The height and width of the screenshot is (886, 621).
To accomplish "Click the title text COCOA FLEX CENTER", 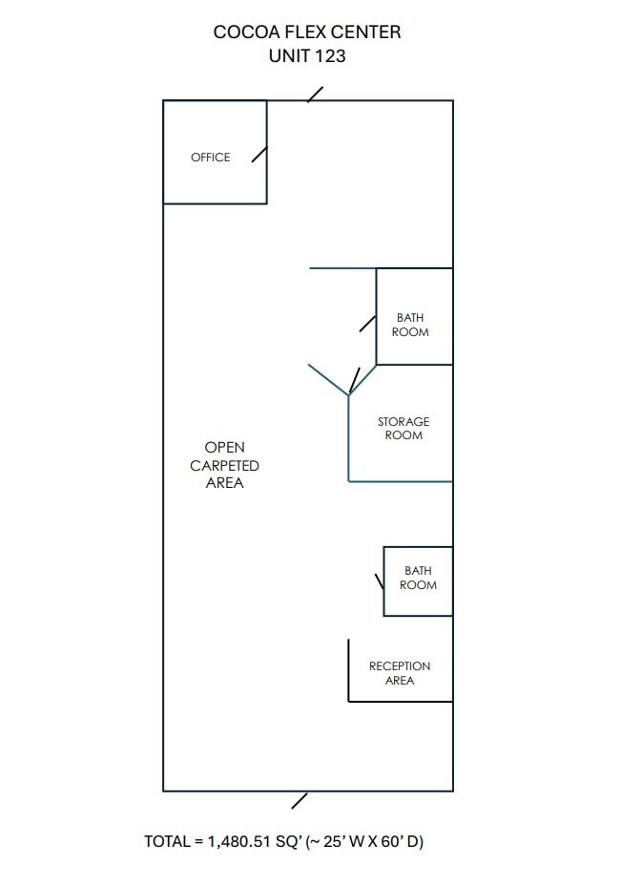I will click(307, 32).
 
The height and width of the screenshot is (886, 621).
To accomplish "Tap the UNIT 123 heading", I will click(307, 56).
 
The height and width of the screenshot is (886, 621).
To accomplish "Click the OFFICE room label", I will click(210, 158).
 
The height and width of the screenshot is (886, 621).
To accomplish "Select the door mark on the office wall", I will click(259, 155).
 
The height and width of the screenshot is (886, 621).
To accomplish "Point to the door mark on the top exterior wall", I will click(315, 95).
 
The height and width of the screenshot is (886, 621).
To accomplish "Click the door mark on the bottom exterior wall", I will click(300, 800).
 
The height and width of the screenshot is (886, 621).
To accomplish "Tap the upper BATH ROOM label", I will click(410, 326).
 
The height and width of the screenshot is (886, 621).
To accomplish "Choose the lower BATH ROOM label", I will click(418, 579).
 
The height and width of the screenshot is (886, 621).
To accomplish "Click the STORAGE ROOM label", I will click(404, 429).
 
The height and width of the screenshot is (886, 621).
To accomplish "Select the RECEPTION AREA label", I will click(400, 673).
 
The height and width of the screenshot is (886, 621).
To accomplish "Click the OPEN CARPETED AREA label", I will click(224, 465).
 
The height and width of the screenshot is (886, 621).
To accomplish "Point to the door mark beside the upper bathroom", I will click(367, 324).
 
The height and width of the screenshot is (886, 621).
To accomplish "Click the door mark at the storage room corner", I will click(355, 380).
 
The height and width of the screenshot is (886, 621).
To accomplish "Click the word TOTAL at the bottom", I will click(167, 842).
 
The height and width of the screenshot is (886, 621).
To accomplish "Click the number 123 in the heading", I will click(329, 56).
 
